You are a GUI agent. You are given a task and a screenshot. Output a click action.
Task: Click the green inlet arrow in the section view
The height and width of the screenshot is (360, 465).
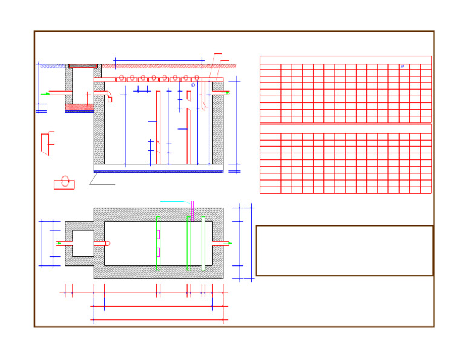(x=47, y=93)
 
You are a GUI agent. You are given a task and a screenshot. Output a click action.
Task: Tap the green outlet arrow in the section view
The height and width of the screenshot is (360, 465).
(x=226, y=93)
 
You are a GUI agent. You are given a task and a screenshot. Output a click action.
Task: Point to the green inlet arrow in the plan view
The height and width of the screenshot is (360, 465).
(x=59, y=244)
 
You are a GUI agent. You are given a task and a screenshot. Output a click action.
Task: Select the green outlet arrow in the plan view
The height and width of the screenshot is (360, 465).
(x=228, y=244)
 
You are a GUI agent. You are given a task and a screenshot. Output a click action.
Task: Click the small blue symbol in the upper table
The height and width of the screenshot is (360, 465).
(x=402, y=66)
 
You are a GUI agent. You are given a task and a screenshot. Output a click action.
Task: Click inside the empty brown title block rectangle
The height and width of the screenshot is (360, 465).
(x=344, y=250)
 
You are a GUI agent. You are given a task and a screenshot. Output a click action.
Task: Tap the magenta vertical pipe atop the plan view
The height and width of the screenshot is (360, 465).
(x=192, y=210)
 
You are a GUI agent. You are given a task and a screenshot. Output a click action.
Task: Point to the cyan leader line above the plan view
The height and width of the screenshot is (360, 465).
(x=172, y=201)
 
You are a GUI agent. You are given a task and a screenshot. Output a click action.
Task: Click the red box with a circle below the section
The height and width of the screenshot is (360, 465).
(x=64, y=184)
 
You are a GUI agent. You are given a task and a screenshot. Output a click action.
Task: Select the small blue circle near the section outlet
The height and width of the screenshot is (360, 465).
(x=193, y=85)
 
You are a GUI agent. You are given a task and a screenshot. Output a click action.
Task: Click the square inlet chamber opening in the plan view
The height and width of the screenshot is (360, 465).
(x=83, y=243)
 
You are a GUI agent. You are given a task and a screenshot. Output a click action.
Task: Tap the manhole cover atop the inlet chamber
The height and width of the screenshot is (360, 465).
(x=83, y=66)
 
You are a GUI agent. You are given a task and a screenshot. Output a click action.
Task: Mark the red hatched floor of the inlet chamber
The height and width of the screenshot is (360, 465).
(x=79, y=107)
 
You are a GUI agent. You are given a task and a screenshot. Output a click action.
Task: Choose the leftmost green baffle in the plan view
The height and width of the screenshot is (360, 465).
(x=158, y=243)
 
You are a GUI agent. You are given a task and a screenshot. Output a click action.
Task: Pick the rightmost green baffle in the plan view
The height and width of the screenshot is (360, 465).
(x=203, y=243)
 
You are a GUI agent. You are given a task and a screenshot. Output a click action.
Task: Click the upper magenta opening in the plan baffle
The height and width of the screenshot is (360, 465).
(x=158, y=235)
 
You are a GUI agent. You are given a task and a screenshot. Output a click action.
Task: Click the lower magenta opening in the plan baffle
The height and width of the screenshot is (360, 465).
(x=158, y=252)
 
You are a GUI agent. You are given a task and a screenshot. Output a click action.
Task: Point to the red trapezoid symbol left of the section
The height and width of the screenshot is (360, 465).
(x=45, y=144)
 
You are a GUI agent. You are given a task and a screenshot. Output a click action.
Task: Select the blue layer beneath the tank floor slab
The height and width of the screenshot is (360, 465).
(x=158, y=172)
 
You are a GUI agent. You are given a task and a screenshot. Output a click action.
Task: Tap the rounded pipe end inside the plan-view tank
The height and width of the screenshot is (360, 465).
(x=108, y=244)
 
